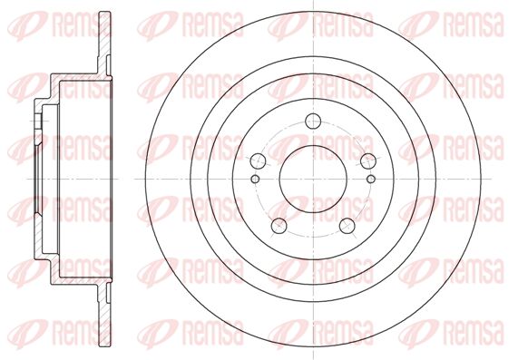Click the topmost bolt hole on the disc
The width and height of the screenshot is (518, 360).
coord(313,121)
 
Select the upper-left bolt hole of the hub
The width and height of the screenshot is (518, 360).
coord(258,161)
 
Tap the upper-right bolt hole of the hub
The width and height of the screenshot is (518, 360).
coord(368,161)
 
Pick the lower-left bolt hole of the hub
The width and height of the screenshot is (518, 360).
coord(279,225)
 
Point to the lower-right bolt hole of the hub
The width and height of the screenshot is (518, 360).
coord(347,225)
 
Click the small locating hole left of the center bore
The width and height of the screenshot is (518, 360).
coord(255,179)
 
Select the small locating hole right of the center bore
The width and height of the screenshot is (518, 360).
coord(371,179)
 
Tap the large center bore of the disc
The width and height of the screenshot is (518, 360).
coord(313,179)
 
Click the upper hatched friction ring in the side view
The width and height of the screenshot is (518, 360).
coord(104,43)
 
